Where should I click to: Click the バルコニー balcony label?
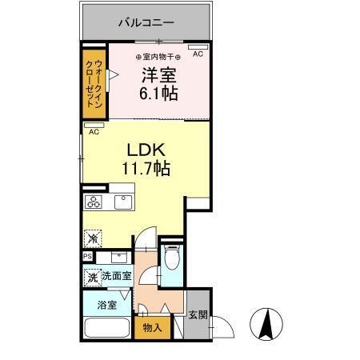(x=146, y=22)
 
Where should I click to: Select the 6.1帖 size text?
(x=159, y=93)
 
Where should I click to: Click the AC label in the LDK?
(x=94, y=131)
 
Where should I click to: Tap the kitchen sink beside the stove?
(x=122, y=202)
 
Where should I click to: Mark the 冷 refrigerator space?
(x=94, y=238)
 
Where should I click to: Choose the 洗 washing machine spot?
(x=93, y=277)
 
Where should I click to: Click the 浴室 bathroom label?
(x=107, y=305)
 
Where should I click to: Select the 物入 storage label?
(x=152, y=327)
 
